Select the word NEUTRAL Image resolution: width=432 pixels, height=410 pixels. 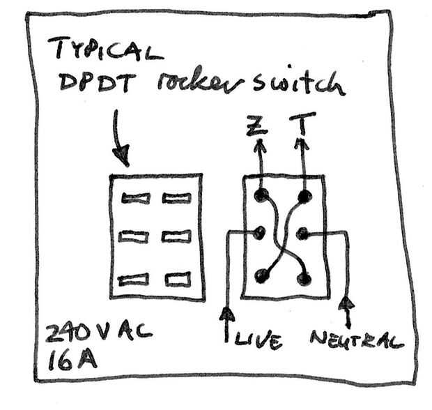356,340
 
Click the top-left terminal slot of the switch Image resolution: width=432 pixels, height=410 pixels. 134,198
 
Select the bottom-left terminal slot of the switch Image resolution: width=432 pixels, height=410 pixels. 133,280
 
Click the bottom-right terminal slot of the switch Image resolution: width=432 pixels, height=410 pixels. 175,280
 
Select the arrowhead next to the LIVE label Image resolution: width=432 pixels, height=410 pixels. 227,315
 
